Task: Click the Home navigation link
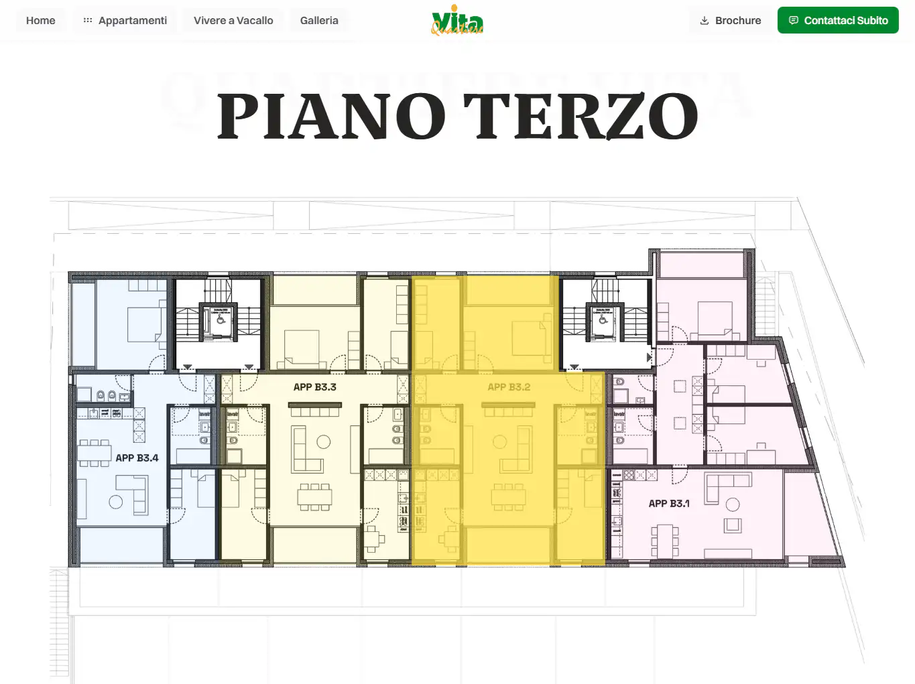[x=40, y=21]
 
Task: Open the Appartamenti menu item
[x=125, y=21]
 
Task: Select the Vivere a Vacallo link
[x=233, y=21]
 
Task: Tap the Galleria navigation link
[x=319, y=21]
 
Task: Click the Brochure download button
[x=730, y=21]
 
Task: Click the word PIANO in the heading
[x=331, y=117]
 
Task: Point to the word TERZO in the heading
[x=581, y=117]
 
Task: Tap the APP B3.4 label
[x=137, y=458]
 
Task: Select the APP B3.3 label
[x=314, y=387]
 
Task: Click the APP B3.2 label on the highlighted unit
[x=509, y=387]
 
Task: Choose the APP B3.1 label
[x=668, y=504]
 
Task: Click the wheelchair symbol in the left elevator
[x=220, y=320]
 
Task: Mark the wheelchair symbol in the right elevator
[x=603, y=320]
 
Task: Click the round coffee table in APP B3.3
[x=324, y=441]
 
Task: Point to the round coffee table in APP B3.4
[x=116, y=502]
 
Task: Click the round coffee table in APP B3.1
[x=733, y=504]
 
